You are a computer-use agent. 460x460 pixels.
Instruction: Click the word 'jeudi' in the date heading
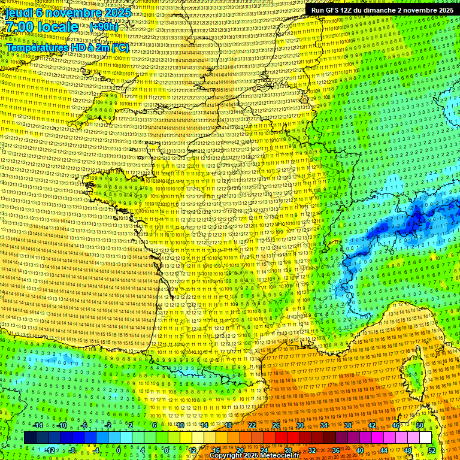point(18,11)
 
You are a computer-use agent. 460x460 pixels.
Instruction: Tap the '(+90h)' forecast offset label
point(104,27)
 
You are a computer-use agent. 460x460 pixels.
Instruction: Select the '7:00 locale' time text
point(42,27)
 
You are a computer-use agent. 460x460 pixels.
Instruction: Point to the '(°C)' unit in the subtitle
point(120,47)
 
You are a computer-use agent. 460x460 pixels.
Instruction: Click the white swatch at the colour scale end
point(425,438)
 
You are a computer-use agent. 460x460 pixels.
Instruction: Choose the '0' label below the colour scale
point(118,450)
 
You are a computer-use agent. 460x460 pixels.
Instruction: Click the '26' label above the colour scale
point(276,425)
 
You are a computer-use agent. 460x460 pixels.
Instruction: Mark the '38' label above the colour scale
point(348,425)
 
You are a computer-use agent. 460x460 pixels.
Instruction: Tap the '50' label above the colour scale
point(420,425)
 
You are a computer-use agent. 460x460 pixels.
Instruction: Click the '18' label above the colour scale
point(228,425)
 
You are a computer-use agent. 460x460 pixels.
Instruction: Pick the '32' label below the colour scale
point(312,450)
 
